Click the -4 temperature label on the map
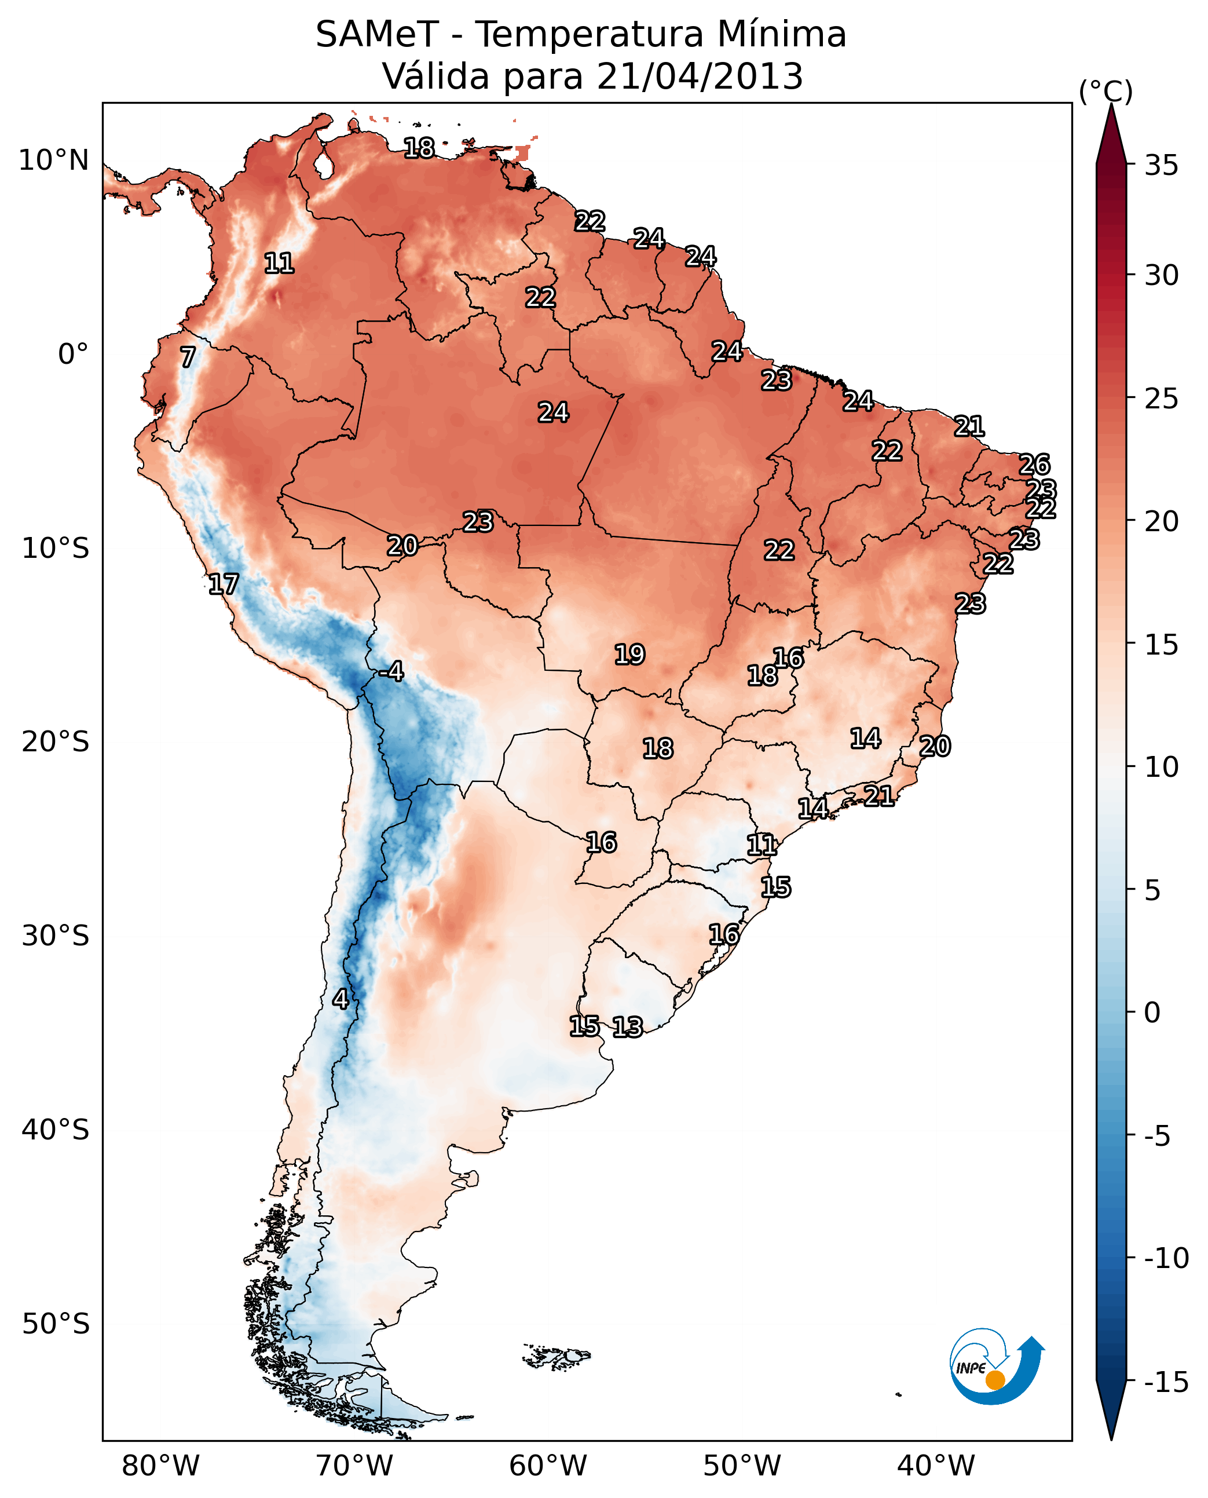pos(391,672)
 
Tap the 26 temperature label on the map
pos(1034,465)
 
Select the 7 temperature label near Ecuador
pos(188,357)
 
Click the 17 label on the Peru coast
pos(224,584)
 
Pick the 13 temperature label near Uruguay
pos(627,1026)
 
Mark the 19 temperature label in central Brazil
pos(629,655)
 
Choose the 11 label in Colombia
pos(279,263)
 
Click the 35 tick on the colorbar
pos(1161,166)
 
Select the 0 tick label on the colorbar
pos(1152,1013)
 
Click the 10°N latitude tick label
pos(54,161)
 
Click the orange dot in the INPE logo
pos(995,1380)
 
